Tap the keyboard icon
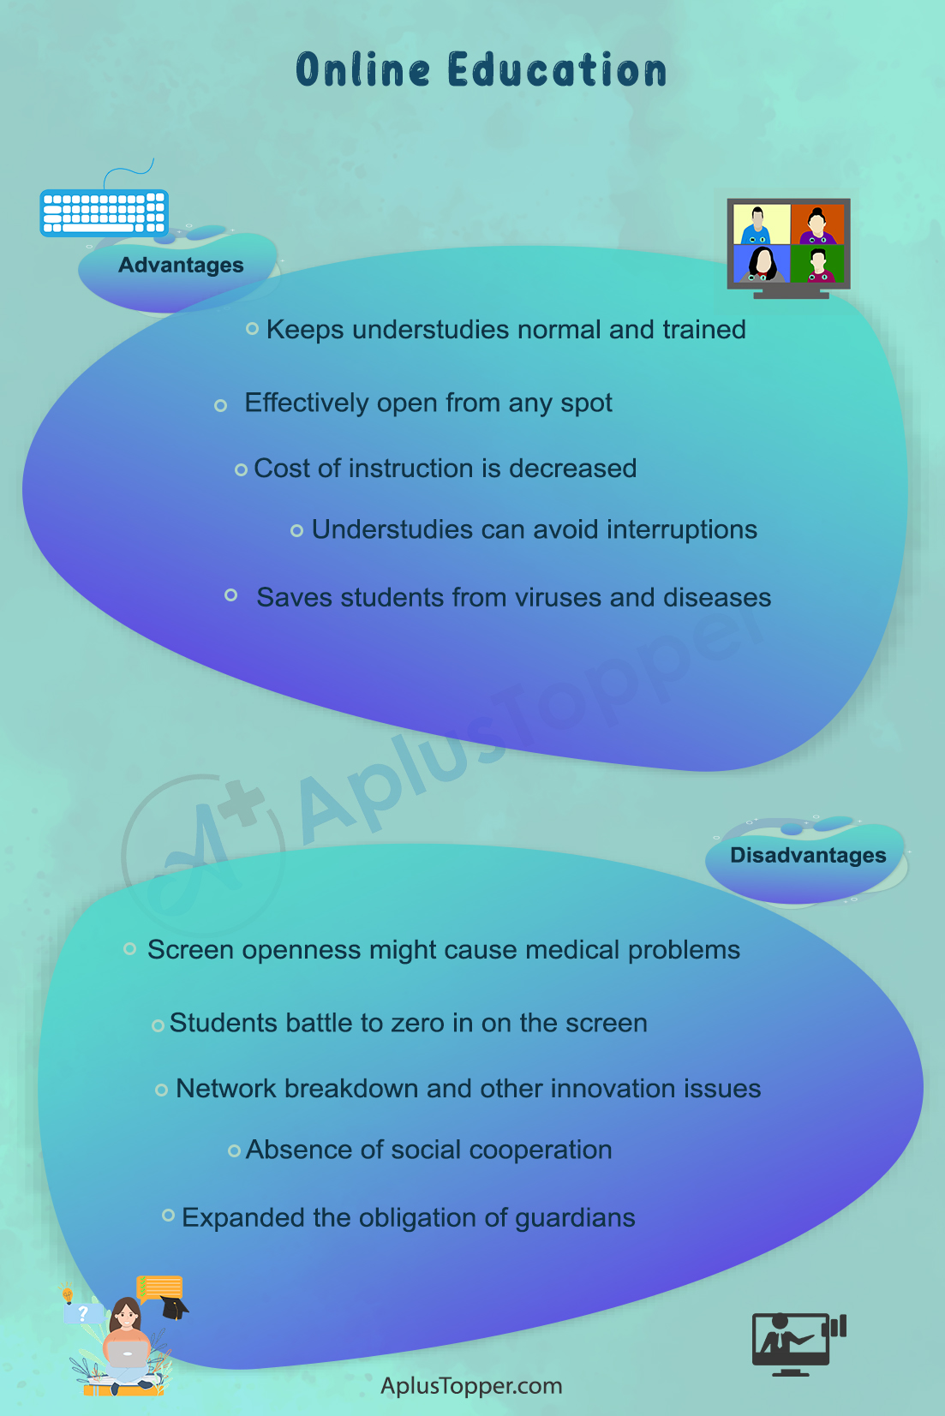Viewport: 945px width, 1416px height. tap(105, 212)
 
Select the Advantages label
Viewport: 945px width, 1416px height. tap(181, 265)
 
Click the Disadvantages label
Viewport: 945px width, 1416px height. tap(808, 855)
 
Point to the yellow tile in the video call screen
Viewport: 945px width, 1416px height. tap(762, 224)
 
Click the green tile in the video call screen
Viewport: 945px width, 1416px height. tap(817, 264)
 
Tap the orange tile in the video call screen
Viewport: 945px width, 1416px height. tap(817, 224)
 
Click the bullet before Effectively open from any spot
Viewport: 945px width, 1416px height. tap(220, 405)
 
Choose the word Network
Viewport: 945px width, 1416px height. tap(226, 1089)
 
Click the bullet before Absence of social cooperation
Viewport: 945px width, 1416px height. tap(234, 1151)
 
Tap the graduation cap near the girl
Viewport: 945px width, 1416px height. tap(175, 1306)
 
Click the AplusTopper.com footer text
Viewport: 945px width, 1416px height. tap(471, 1386)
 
